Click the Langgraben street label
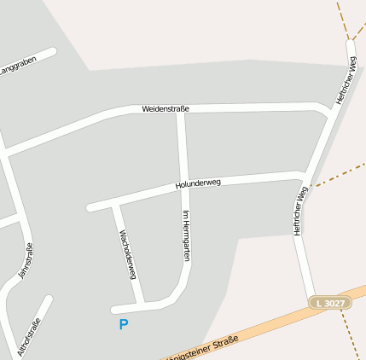click(19, 67)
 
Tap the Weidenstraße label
click(166, 108)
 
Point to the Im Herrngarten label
click(185, 235)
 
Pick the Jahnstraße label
click(26, 261)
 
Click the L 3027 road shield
click(329, 303)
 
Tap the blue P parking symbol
click(124, 324)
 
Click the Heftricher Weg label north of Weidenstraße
click(346, 80)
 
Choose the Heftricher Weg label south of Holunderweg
click(299, 211)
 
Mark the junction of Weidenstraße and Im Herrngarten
click(180, 111)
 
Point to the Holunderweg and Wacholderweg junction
click(115, 202)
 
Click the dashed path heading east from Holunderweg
click(337, 174)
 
